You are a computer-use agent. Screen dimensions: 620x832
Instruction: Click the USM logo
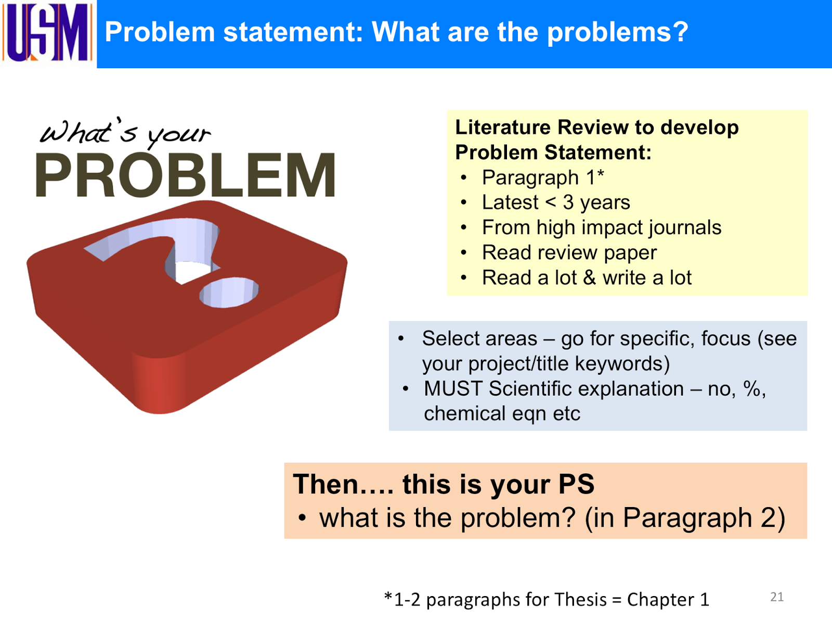coord(48,32)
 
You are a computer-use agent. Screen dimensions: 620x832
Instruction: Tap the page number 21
coord(777,597)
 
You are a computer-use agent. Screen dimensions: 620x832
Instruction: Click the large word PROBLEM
coord(186,176)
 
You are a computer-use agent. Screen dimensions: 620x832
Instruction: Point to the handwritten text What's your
coord(125,133)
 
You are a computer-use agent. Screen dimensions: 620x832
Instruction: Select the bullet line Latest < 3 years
coord(556,202)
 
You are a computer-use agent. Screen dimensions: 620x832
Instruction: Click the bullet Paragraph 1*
coord(543,178)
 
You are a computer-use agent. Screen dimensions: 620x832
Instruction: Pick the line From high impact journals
coord(602,227)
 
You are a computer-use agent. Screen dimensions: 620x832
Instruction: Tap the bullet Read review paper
coord(569,252)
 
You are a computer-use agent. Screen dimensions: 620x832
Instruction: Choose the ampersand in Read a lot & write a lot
coord(590,277)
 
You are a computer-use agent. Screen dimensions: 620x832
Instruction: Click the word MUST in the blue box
coord(453,388)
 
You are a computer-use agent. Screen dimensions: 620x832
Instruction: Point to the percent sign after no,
coord(752,388)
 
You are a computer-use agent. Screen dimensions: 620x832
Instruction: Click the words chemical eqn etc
coord(502,413)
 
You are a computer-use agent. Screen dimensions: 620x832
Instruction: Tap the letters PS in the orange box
coord(576,484)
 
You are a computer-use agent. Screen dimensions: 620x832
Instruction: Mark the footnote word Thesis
coord(580,600)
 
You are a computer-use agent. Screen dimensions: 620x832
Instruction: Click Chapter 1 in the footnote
coord(668,600)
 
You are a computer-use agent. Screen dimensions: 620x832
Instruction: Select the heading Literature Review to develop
coord(596,128)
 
